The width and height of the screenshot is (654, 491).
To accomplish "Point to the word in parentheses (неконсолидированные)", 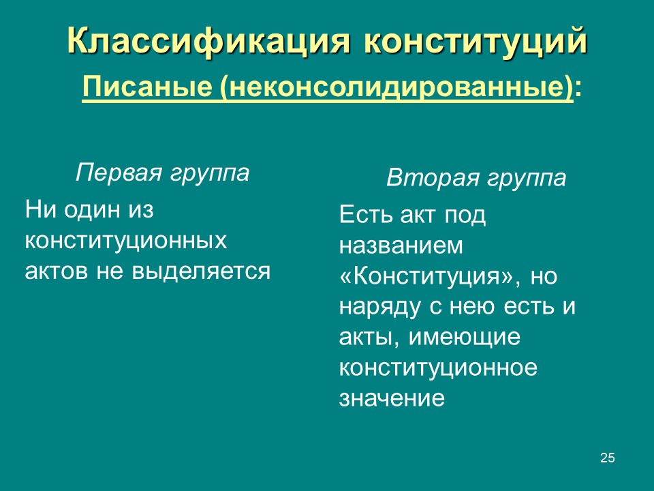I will (x=395, y=89).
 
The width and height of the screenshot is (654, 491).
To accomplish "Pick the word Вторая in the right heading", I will (x=433, y=179).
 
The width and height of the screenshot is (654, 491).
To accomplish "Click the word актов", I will (x=56, y=271).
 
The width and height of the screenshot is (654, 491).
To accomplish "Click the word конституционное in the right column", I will (x=438, y=368).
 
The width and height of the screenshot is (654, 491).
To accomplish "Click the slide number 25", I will (x=608, y=458).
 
